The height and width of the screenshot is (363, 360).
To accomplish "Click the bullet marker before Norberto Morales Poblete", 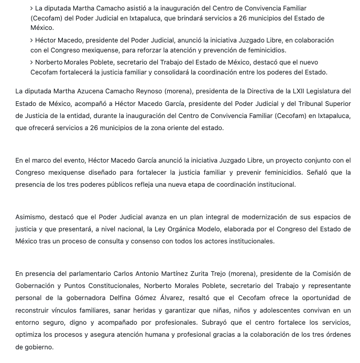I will point(31,62).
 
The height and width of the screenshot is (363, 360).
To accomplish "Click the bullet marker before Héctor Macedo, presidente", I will point(31,40).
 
